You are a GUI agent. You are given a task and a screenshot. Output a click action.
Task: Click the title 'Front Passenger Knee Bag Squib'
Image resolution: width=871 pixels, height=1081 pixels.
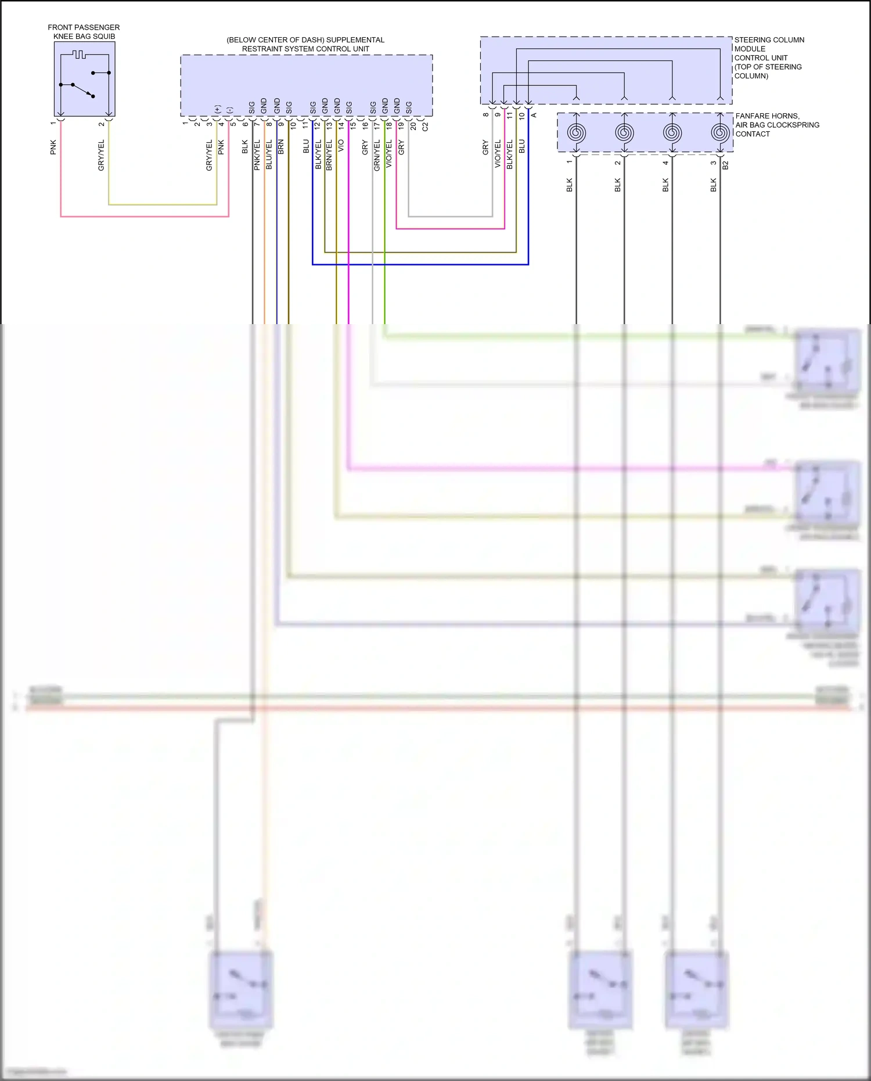(x=84, y=32)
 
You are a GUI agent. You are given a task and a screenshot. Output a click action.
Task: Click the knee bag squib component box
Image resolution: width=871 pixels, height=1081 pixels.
(x=84, y=79)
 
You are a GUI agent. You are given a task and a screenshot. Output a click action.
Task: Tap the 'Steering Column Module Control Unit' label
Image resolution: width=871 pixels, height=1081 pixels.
(x=769, y=58)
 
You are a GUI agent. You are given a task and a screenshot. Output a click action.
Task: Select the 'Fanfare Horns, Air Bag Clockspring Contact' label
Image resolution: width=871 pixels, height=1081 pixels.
(x=777, y=125)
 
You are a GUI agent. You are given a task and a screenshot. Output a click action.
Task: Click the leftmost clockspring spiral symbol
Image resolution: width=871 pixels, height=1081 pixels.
(x=576, y=133)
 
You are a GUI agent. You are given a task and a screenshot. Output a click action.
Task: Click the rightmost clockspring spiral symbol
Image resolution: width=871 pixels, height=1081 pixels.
(x=720, y=133)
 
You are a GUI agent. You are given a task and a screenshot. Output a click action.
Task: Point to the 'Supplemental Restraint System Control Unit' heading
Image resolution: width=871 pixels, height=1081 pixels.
(x=305, y=44)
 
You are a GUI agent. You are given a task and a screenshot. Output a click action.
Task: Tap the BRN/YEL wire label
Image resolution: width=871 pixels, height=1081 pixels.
(x=329, y=155)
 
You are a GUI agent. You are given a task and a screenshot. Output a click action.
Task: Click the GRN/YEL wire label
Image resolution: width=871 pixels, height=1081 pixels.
(x=377, y=155)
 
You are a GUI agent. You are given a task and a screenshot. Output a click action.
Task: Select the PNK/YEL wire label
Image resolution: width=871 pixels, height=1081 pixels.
(x=257, y=155)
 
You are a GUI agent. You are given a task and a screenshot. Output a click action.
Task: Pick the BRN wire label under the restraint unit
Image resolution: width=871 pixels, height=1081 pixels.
(x=281, y=146)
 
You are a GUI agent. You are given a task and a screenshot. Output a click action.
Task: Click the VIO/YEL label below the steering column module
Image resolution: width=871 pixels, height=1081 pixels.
(x=498, y=154)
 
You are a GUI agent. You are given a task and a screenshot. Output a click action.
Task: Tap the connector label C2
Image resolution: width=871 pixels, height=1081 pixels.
(x=425, y=126)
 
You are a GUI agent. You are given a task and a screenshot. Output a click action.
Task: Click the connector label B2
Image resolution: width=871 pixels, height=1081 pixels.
(x=725, y=165)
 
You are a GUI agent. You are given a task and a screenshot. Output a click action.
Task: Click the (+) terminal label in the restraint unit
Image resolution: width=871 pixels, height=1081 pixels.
(x=217, y=109)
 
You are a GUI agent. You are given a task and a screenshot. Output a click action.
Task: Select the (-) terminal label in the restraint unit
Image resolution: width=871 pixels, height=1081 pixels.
(x=229, y=110)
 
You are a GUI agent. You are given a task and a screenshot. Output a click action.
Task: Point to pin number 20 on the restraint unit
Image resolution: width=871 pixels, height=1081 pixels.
(x=413, y=125)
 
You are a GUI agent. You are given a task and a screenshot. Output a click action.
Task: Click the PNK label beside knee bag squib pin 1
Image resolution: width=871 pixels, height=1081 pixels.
(x=53, y=147)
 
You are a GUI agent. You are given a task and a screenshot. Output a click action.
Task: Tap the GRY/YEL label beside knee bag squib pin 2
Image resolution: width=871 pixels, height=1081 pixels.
(x=101, y=155)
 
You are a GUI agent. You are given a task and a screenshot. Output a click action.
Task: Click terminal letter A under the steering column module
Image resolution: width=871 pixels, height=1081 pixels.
(x=534, y=115)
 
